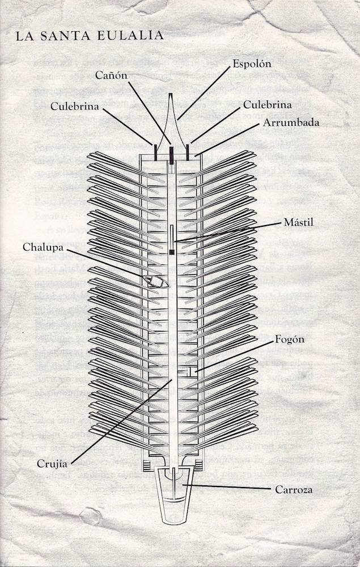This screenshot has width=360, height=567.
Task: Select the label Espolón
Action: [252, 64]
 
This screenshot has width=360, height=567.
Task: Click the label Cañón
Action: [111, 75]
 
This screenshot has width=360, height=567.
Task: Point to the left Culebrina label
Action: [74, 107]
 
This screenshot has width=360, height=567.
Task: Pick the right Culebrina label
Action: [267, 105]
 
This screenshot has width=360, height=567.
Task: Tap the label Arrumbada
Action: [291, 122]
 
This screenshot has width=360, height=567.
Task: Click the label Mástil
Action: [299, 222]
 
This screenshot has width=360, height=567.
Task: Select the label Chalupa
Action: [43, 247]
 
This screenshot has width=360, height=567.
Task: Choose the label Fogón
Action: [290, 340]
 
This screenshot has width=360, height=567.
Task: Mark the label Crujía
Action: [52, 464]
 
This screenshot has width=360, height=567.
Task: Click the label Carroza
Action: [294, 490]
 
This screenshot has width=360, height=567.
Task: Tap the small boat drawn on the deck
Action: [156, 281]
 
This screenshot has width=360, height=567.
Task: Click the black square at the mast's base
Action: [172, 252]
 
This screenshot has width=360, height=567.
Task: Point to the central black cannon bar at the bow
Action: [171, 154]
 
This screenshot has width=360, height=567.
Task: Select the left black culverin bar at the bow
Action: [155, 152]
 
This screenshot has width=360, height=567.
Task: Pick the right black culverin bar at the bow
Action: [188, 152]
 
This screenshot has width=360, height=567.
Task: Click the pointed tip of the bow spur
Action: [170, 94]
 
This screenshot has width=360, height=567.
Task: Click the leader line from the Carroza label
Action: [227, 486]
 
